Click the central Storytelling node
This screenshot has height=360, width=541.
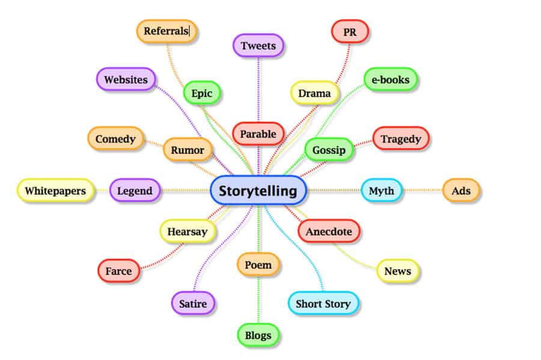tap(258, 191)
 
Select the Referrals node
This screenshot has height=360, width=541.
tap(167, 31)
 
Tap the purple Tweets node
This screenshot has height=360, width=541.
tap(258, 46)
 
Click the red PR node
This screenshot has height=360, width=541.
tap(350, 31)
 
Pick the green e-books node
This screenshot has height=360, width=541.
tap(390, 79)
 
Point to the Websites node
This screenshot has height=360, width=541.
tap(126, 79)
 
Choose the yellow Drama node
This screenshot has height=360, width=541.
tap(314, 93)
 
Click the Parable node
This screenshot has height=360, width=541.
tap(258, 133)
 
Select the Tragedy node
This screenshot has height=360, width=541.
tap(400, 139)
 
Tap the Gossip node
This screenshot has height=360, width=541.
tap(329, 150)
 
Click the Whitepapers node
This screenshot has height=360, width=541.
tap(55, 191)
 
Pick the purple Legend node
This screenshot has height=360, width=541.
tap(135, 191)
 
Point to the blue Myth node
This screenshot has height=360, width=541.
tap(381, 191)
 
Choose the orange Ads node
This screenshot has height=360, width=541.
tap(462, 191)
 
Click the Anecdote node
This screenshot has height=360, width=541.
tap(329, 231)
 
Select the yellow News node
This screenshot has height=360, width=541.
tap(397, 271)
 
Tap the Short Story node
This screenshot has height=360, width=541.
tap(323, 304)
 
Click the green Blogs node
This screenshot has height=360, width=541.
tap(258, 335)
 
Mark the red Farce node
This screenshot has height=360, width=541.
tap(118, 271)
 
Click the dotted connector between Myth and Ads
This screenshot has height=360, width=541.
tap(422, 191)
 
